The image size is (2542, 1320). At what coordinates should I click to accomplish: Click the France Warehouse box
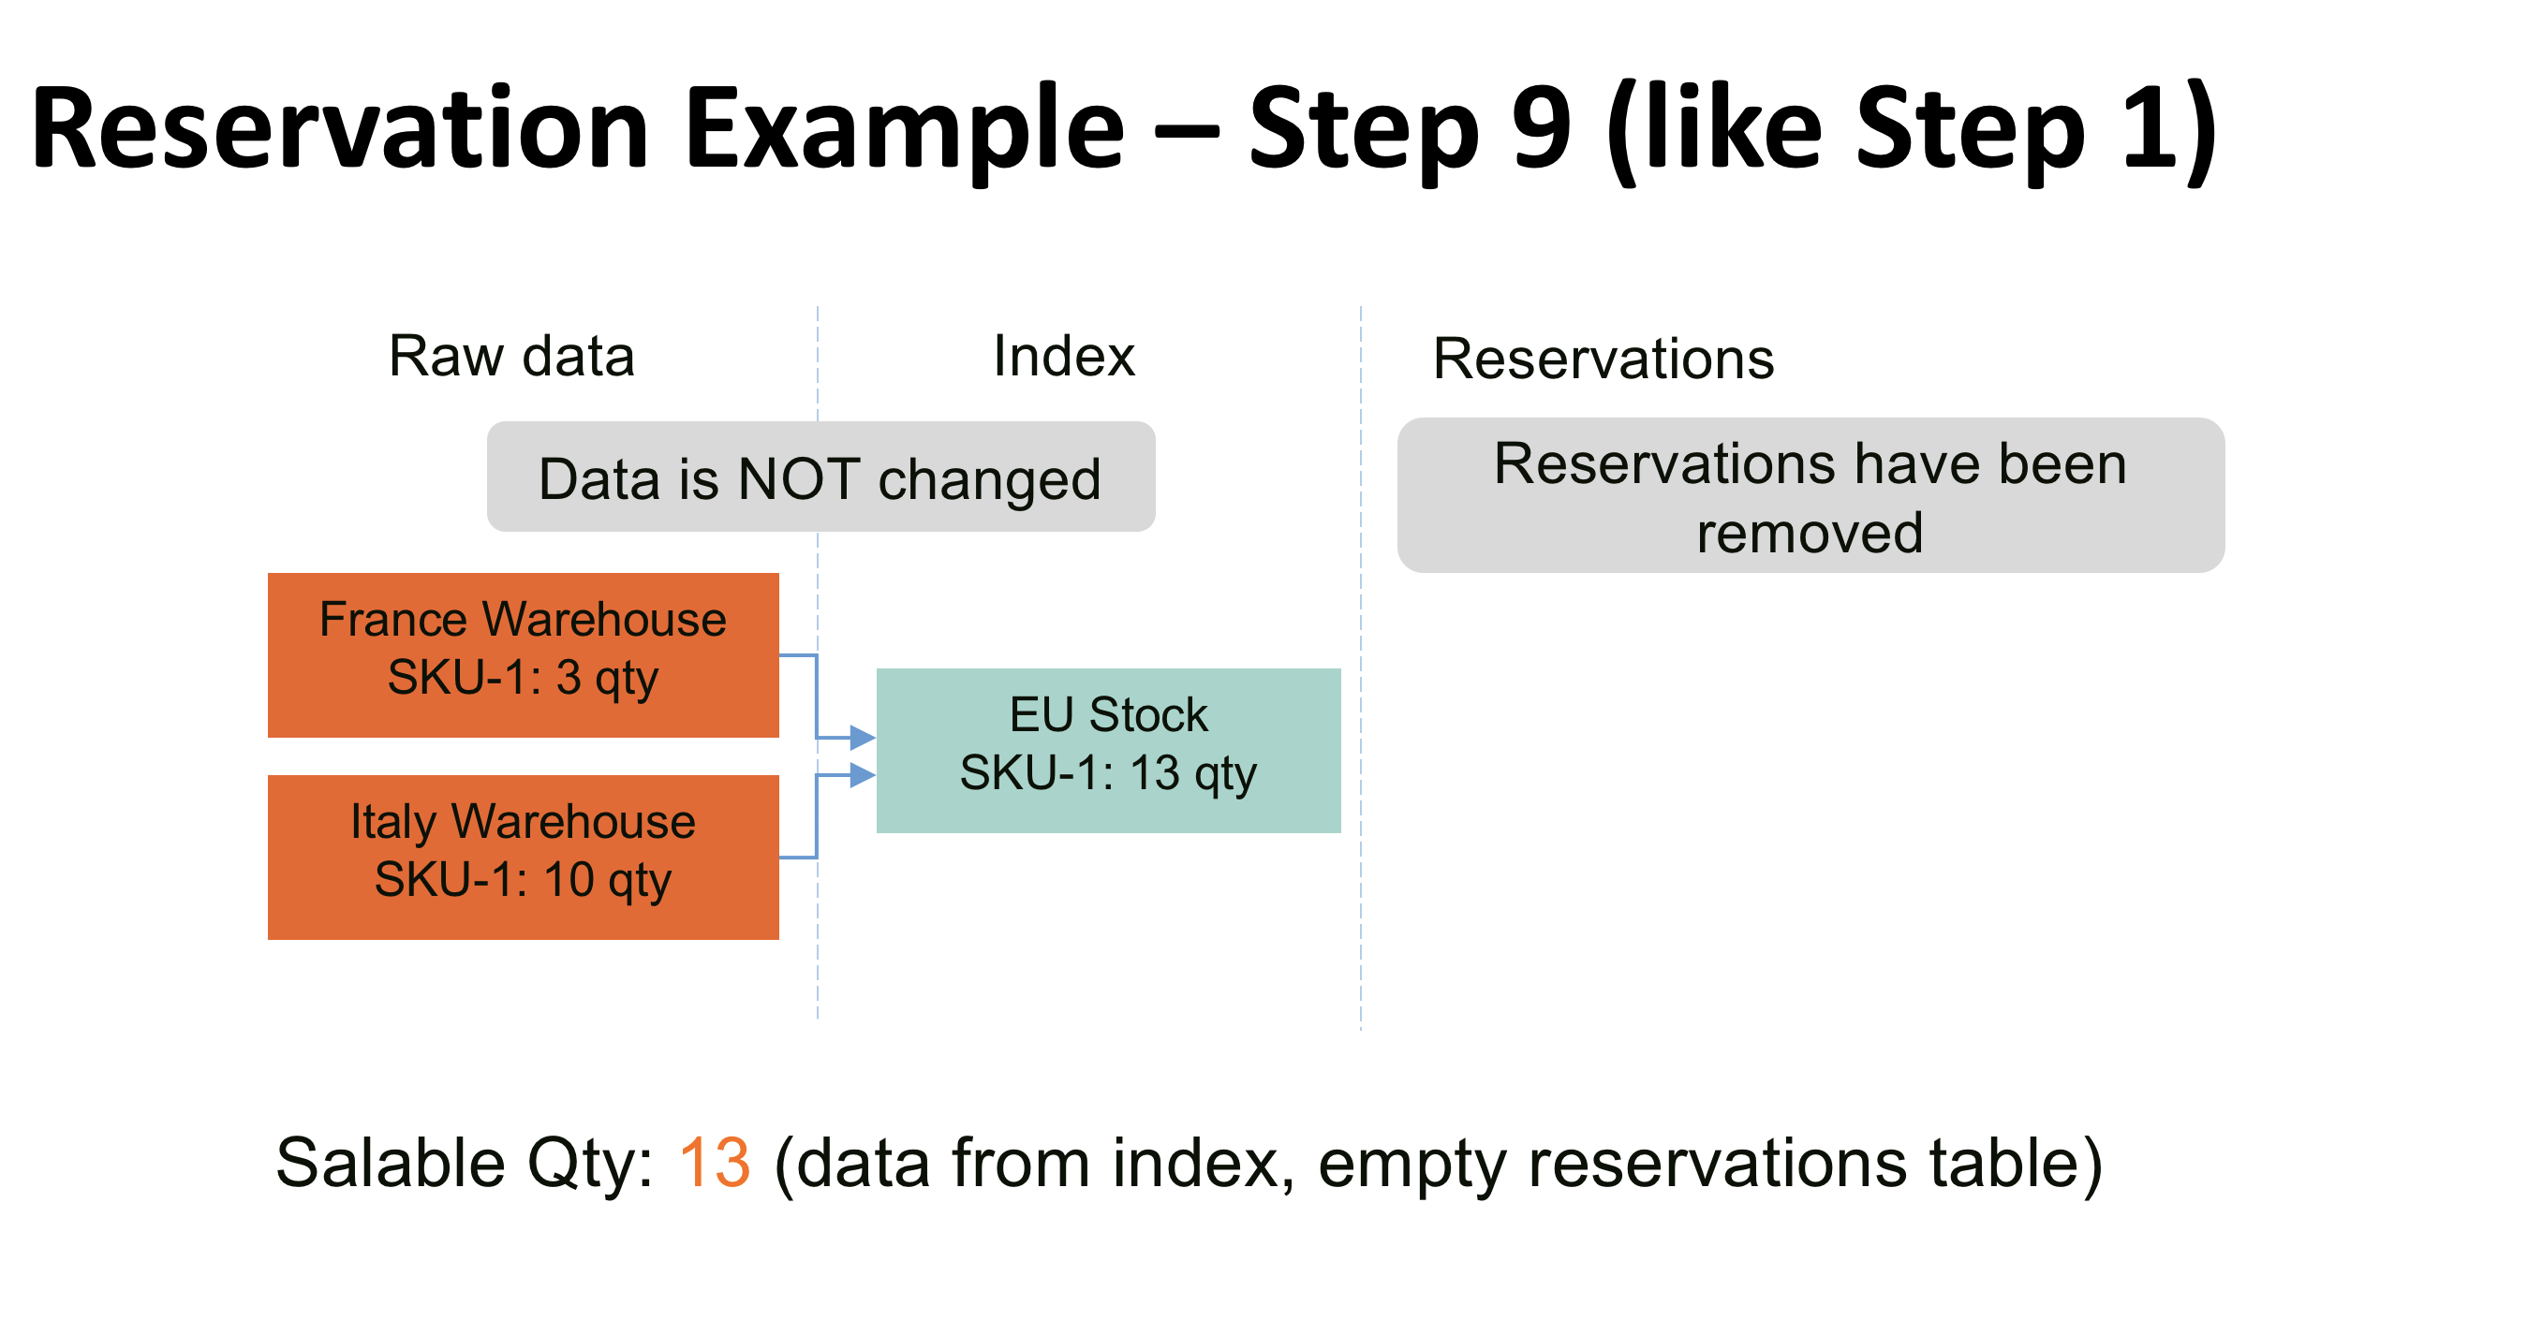click(x=523, y=655)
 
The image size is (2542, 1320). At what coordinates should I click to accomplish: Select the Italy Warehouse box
click(x=523, y=857)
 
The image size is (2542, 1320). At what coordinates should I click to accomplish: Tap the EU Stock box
click(x=1107, y=750)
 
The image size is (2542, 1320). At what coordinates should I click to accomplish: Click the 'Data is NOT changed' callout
click(x=820, y=477)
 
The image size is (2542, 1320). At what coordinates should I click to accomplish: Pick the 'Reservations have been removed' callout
click(x=1810, y=495)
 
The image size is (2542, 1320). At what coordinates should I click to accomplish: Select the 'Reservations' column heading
click(x=1603, y=359)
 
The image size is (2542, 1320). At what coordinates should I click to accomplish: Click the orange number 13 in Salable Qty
click(x=715, y=1162)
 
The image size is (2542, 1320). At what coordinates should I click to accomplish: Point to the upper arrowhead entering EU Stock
click(x=862, y=737)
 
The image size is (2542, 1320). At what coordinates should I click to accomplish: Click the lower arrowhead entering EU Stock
click(x=862, y=774)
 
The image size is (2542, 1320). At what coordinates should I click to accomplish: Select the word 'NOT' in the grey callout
click(x=797, y=479)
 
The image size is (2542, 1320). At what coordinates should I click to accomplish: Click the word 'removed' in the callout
click(x=1810, y=533)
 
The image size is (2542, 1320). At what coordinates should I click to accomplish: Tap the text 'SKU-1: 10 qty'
click(x=523, y=879)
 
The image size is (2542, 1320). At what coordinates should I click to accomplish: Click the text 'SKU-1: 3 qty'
click(x=523, y=678)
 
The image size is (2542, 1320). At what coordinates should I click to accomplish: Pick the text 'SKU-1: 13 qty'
click(x=1107, y=772)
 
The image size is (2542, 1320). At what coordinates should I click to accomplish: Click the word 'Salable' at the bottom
click(x=390, y=1162)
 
